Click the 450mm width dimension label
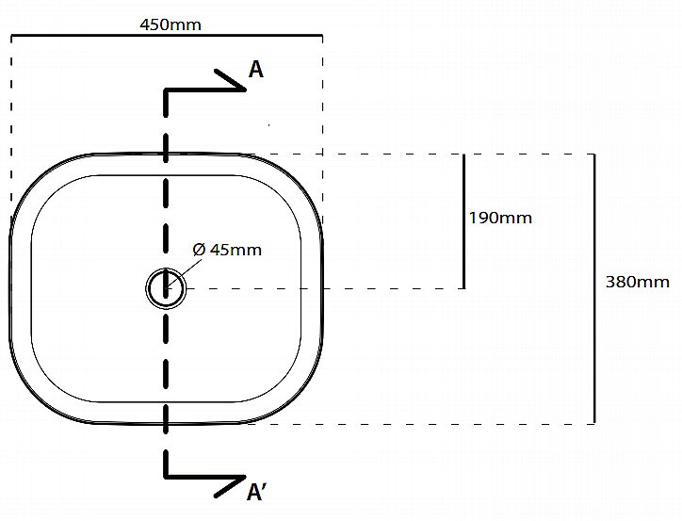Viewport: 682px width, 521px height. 170,24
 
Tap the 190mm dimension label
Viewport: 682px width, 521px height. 500,218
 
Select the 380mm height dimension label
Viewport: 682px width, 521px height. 637,281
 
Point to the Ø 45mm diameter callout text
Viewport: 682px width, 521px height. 227,250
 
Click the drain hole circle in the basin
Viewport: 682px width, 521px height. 166,287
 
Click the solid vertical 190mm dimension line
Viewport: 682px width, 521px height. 463,221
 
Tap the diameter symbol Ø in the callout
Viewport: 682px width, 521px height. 199,250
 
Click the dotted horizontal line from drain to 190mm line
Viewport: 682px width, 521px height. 330,288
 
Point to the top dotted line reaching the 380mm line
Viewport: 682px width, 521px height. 424,154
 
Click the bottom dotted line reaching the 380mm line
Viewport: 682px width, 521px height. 424,424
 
